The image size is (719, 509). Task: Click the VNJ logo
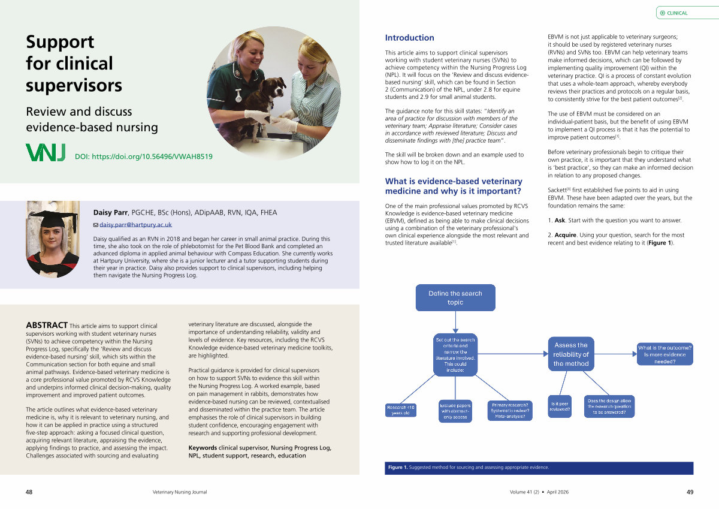tap(46, 153)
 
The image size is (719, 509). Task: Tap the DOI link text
tap(143, 157)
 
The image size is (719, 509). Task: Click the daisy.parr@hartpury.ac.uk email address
tap(135, 225)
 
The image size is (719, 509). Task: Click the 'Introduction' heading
tap(409, 38)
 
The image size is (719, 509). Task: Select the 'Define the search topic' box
tap(455, 297)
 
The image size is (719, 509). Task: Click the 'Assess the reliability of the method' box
tap(571, 354)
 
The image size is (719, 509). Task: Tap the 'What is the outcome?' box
tap(664, 354)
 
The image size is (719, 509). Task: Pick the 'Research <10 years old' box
tap(401, 411)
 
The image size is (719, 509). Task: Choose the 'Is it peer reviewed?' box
tap(560, 406)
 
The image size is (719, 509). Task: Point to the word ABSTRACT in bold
tap(46, 326)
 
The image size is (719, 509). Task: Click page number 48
tap(29, 492)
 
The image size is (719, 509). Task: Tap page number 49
tap(690, 492)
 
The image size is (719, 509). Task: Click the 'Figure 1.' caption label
tap(397, 468)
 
